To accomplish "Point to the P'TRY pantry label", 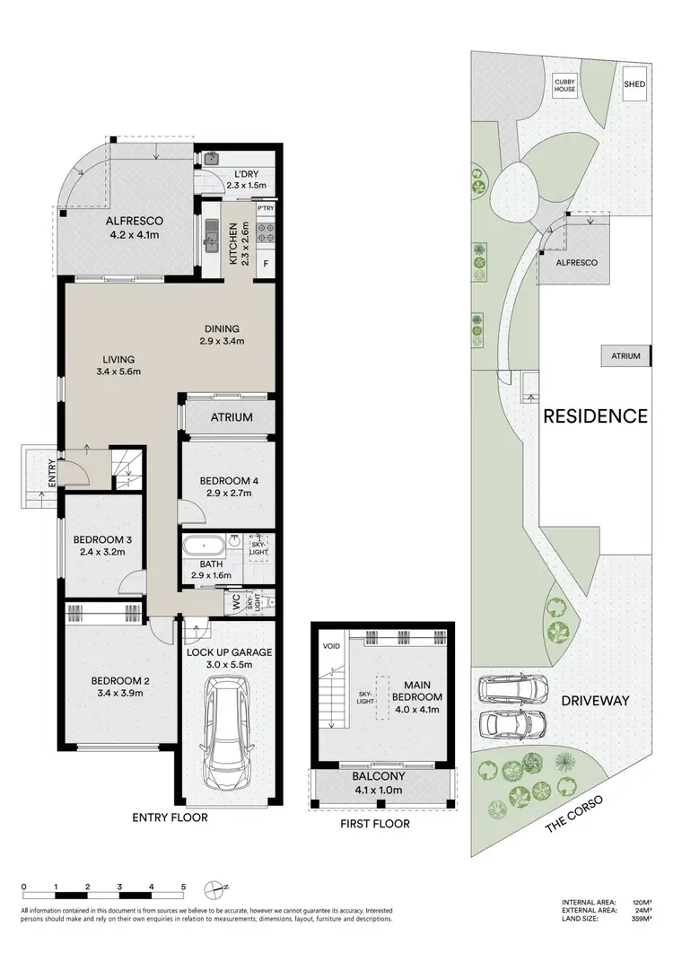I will (265, 209).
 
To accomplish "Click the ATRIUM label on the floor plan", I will (232, 417).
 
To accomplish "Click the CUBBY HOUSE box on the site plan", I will (568, 87).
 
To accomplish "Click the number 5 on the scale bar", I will (183, 887).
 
